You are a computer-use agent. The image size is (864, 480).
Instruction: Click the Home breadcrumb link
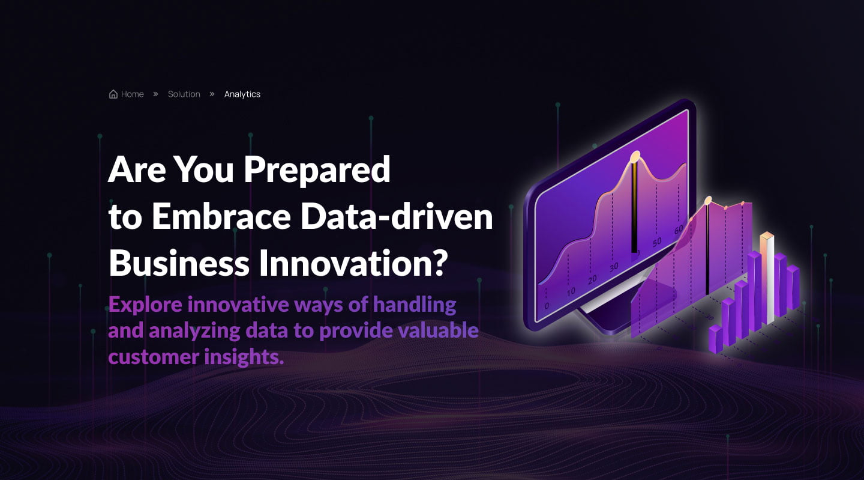(132, 94)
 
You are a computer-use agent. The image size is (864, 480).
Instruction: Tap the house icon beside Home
(113, 94)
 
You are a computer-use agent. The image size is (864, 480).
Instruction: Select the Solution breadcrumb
(184, 94)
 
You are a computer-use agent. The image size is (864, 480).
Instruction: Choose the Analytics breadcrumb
(242, 94)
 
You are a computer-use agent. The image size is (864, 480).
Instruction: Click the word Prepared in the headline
(317, 170)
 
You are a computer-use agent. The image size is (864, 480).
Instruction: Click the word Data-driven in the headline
(396, 217)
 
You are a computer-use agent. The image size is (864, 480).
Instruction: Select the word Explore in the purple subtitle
(145, 305)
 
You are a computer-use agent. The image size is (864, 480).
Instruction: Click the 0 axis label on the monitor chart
(547, 306)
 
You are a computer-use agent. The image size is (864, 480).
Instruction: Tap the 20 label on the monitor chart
(592, 279)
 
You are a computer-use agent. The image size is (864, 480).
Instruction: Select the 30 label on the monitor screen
(613, 267)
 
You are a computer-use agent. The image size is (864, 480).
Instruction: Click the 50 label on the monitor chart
(658, 242)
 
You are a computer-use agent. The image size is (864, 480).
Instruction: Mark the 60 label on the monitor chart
(679, 229)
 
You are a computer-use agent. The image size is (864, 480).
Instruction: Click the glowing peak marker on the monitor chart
(635, 157)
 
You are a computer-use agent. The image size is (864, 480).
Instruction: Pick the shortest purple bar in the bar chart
(715, 339)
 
